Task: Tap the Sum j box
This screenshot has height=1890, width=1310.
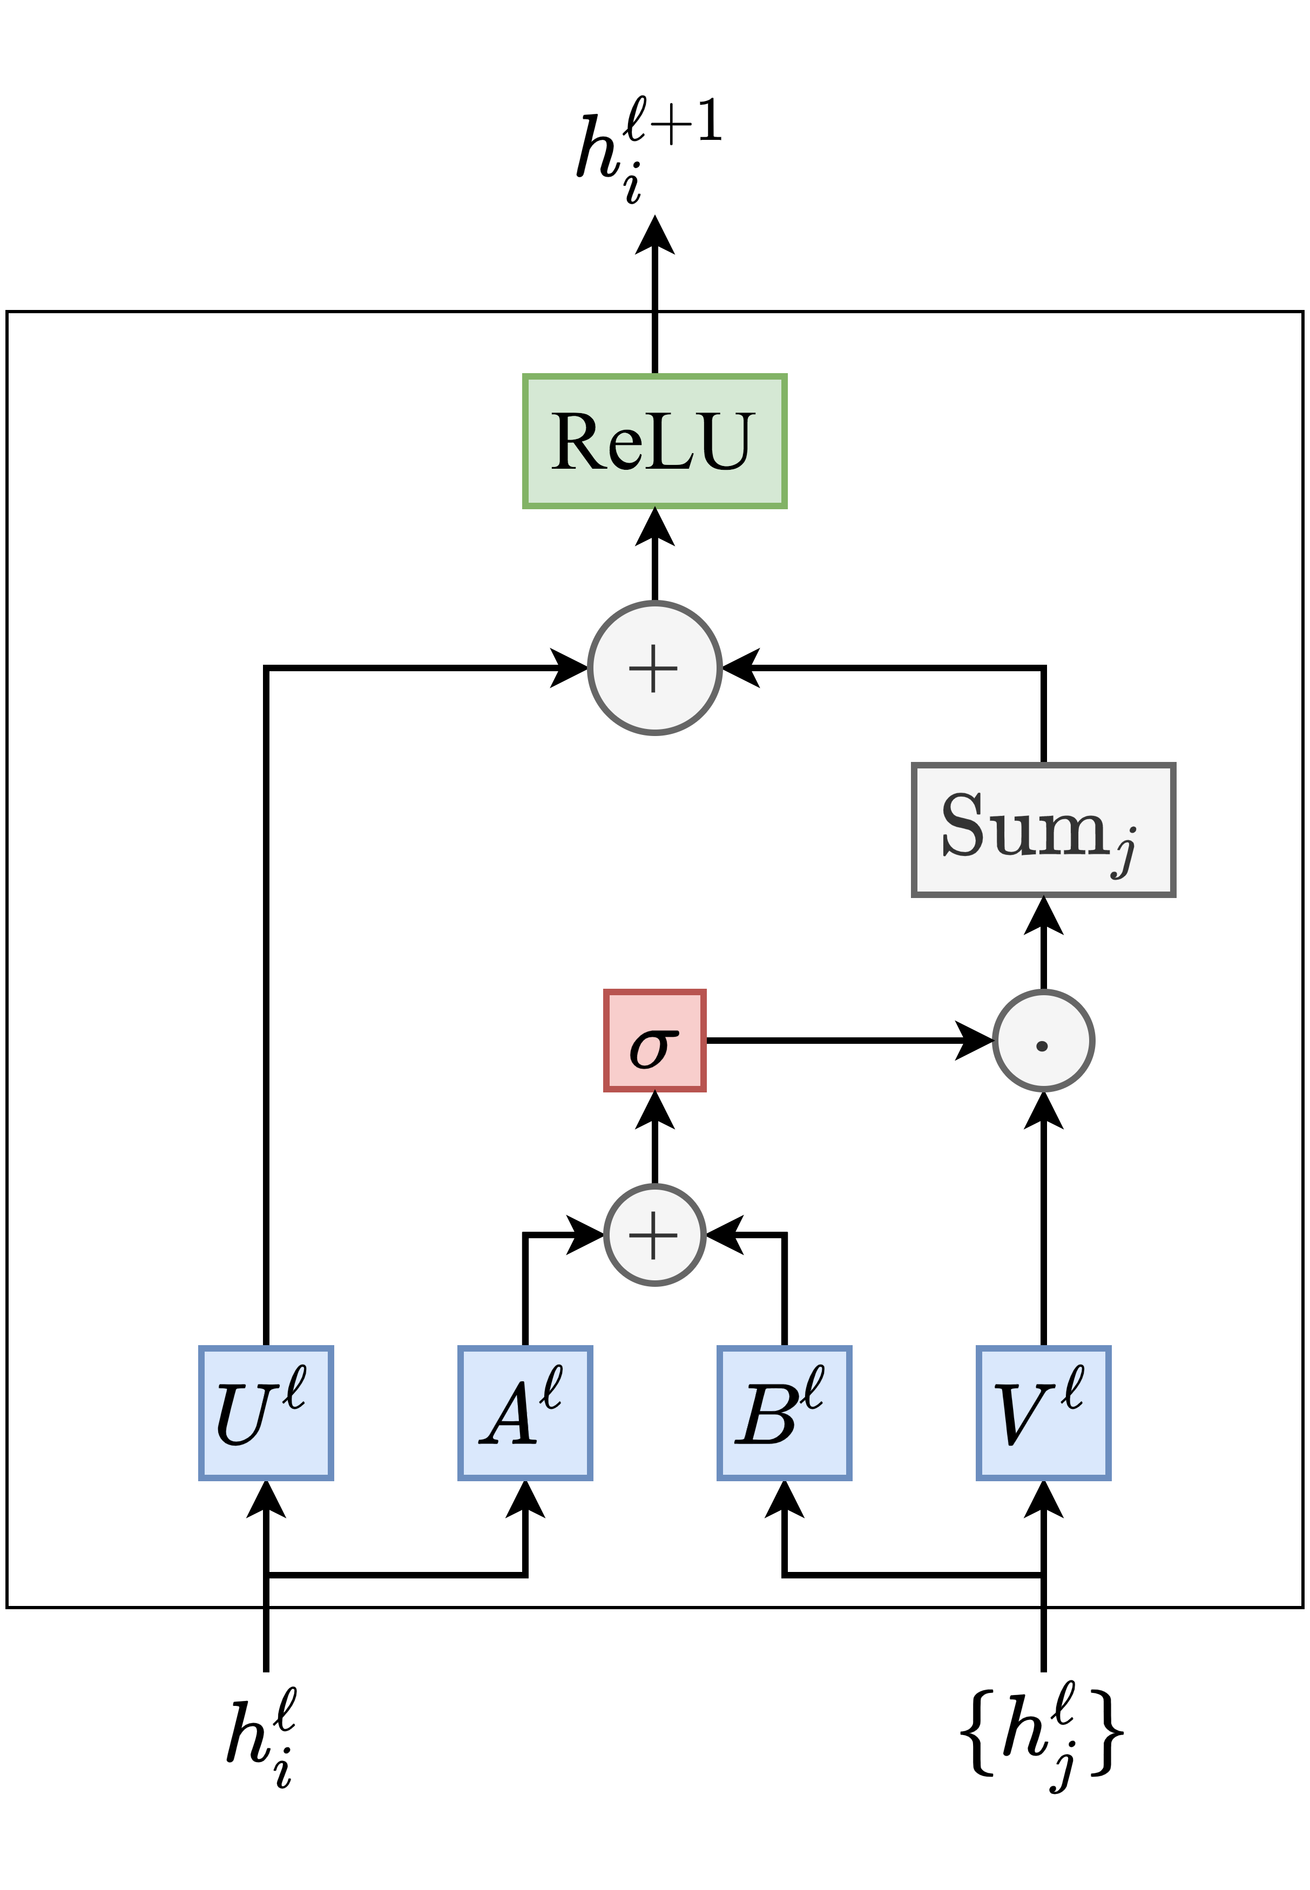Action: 1043,829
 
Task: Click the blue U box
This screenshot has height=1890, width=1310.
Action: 266,1413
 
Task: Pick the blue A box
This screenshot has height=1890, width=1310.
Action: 525,1413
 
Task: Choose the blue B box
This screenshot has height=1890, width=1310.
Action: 784,1413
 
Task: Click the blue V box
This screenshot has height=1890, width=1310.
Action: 1043,1413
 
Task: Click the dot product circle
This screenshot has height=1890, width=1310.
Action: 1043,1041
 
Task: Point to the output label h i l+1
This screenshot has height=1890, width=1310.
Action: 649,148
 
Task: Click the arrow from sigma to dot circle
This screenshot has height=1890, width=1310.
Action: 846,1041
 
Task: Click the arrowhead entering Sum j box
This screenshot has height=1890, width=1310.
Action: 1043,916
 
